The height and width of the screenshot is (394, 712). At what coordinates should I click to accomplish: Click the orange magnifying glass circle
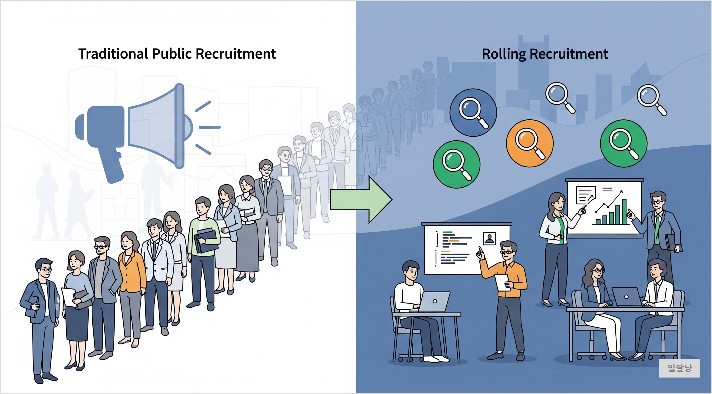tap(530, 143)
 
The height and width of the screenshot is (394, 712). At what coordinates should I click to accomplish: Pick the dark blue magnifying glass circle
tap(473, 113)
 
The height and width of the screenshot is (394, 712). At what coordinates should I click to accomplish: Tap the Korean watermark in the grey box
tap(680, 368)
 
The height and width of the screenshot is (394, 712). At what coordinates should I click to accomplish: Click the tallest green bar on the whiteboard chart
tap(624, 212)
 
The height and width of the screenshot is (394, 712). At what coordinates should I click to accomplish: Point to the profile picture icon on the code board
tap(489, 238)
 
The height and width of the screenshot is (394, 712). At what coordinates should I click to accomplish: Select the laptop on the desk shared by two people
tap(627, 297)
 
